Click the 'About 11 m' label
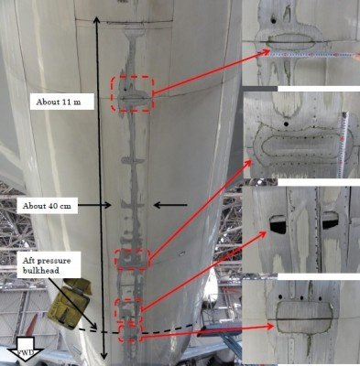59,102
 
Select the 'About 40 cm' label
47,206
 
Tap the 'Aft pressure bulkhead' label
47,265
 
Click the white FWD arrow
24,350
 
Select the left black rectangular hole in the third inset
278,224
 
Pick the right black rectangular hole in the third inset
330,220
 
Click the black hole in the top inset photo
273,21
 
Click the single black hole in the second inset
286,124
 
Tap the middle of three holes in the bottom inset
301,297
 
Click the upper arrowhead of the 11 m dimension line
96,20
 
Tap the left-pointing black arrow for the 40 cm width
170,205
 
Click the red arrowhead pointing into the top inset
267,52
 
